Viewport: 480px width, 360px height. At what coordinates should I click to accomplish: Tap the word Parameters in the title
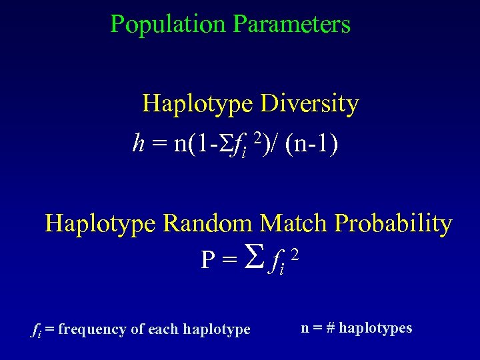291,25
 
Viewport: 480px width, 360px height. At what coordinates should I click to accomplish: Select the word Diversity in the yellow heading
309,104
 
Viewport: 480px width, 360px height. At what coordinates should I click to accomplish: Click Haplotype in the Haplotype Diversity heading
198,104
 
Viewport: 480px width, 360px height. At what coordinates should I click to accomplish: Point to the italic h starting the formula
139,143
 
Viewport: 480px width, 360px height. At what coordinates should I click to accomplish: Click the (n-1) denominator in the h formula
311,144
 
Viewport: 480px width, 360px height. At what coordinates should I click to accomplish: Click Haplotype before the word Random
101,223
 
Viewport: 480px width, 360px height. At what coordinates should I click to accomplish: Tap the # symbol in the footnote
330,328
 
